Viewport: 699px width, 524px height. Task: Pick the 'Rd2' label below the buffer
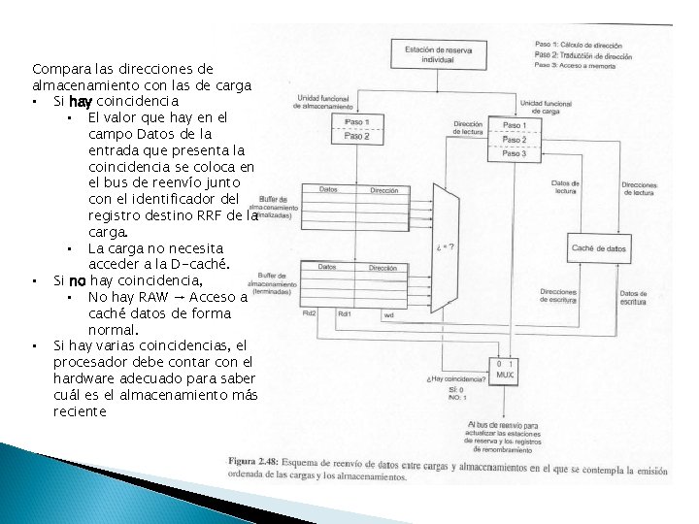[x=309, y=313]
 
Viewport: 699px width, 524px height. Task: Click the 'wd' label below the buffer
[x=387, y=313]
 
